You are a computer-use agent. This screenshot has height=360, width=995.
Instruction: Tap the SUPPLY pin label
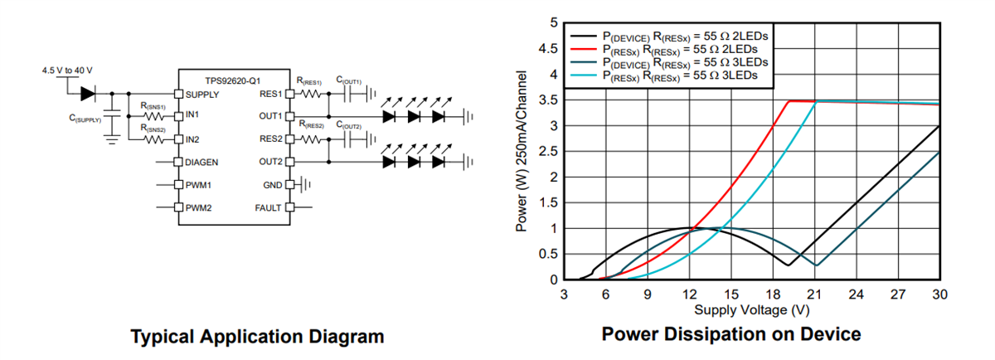201,94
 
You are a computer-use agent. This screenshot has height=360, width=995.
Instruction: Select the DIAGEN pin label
201,162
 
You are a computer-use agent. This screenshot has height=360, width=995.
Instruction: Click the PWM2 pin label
197,207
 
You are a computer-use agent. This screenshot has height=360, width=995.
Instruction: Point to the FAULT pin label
269,207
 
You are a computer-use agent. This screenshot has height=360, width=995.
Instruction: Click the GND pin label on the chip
273,184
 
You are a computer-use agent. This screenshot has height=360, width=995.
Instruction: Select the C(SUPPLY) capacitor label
85,119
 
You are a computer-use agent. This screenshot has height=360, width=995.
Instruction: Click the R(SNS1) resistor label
153,107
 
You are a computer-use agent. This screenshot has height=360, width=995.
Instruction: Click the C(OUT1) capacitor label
348,81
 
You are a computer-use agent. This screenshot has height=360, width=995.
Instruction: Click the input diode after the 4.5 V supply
87,94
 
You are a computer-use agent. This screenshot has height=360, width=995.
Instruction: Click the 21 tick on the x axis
814,294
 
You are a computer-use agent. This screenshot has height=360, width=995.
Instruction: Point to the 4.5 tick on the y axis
547,49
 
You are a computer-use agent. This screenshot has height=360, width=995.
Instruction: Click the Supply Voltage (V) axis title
752,309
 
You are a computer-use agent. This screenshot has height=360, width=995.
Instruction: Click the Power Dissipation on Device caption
731,334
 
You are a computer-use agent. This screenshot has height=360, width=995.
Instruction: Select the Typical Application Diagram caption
257,336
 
